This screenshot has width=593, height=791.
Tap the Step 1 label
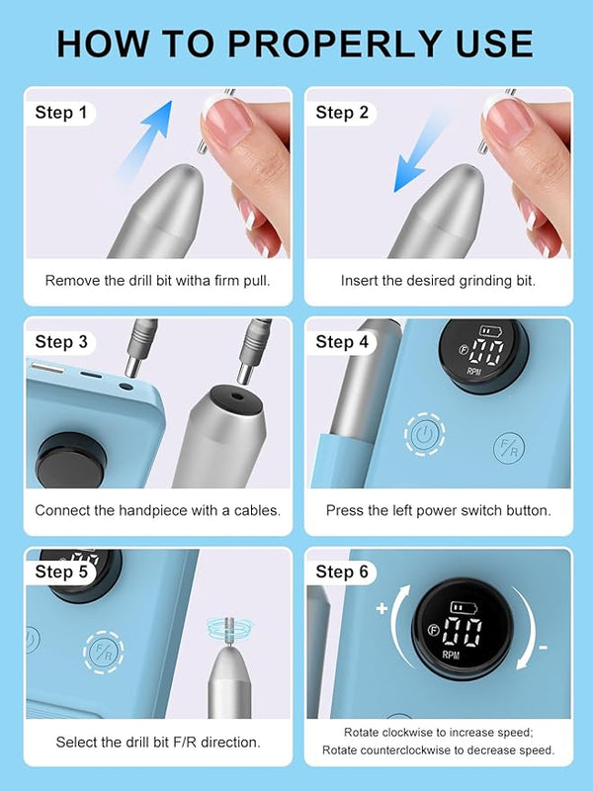(61, 113)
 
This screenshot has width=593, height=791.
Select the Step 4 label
(342, 342)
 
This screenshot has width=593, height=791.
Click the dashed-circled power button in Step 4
(425, 434)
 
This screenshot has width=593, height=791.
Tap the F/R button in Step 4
(509, 448)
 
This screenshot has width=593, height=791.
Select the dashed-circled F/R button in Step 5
(104, 652)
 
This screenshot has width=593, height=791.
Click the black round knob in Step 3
(70, 460)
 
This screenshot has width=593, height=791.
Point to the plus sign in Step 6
(381, 608)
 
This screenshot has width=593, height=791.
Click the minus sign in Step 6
(543, 648)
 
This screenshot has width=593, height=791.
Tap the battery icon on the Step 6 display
(464, 607)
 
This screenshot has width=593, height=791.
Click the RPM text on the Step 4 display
(474, 372)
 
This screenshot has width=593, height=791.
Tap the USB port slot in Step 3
(46, 368)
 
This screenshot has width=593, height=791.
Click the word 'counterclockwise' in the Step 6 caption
(399, 750)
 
